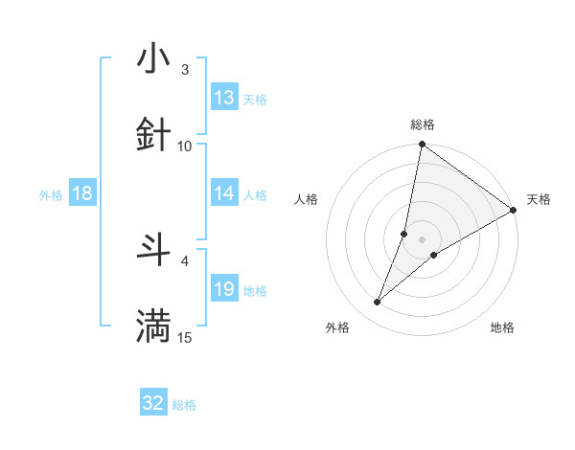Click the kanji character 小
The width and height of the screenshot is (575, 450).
(x=153, y=59)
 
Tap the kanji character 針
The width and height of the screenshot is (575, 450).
(x=153, y=135)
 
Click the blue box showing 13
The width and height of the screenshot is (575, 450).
(x=224, y=98)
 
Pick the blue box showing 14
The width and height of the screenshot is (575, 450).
(x=224, y=193)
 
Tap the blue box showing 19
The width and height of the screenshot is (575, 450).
(x=224, y=289)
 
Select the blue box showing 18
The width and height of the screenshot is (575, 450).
(x=82, y=193)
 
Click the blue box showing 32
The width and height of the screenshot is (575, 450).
(x=153, y=403)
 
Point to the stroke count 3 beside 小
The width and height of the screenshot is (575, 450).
(x=184, y=70)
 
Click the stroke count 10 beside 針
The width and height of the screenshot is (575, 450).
(x=185, y=146)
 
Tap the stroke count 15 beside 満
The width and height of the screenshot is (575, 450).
(x=185, y=337)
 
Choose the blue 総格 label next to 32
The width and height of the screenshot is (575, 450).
(x=184, y=405)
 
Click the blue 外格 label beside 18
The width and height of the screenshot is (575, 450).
(x=51, y=194)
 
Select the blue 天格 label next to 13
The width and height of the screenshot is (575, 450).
(x=255, y=99)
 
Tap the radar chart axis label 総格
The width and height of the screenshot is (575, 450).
(x=423, y=124)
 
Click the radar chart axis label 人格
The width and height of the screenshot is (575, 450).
(x=307, y=199)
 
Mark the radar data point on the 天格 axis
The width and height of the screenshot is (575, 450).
(x=514, y=211)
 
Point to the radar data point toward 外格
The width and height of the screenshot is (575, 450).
(x=378, y=303)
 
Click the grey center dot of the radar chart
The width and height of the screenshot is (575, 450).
(x=423, y=238)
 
